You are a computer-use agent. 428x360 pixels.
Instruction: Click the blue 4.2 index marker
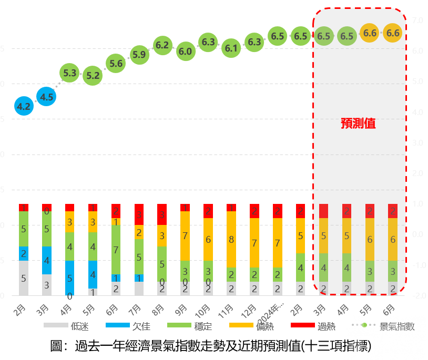click(x=24, y=107)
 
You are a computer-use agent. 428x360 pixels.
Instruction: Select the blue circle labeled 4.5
click(x=47, y=97)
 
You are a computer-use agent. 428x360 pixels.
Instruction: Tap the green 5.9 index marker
click(x=139, y=54)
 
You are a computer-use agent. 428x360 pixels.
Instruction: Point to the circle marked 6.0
click(x=185, y=52)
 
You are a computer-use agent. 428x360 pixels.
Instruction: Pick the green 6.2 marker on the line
click(x=162, y=45)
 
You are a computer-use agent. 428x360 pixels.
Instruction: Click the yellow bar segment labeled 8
click(x=231, y=239)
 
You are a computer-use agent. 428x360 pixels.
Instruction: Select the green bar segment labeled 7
click(x=116, y=249)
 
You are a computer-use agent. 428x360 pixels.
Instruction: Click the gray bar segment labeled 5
click(x=24, y=278)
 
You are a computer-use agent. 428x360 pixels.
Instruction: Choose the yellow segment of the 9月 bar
click(x=185, y=235)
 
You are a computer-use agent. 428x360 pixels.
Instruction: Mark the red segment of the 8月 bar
click(x=162, y=214)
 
